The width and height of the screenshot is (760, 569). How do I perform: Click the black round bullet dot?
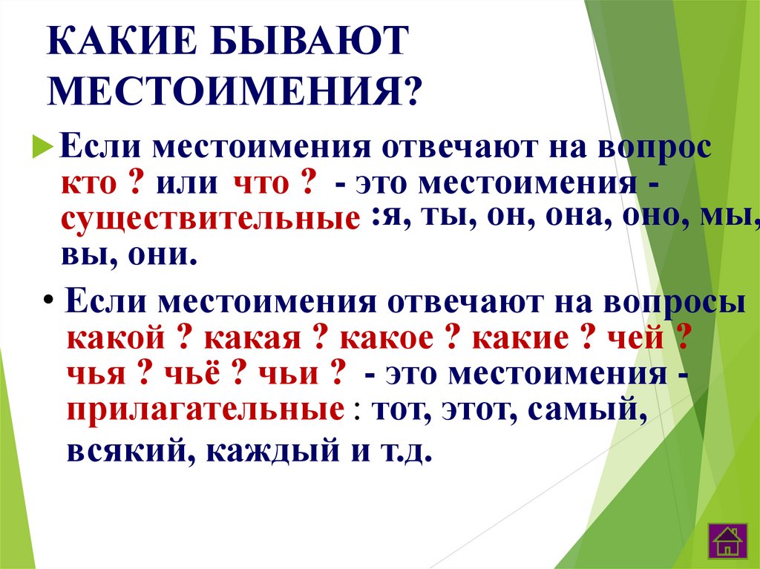(x=48, y=300)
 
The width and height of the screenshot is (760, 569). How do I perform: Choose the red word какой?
(x=116, y=338)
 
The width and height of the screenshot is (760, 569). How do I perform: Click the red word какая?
(x=252, y=338)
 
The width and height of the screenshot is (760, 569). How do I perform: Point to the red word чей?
(x=635, y=338)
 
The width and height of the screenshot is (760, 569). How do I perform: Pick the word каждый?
(x=273, y=452)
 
